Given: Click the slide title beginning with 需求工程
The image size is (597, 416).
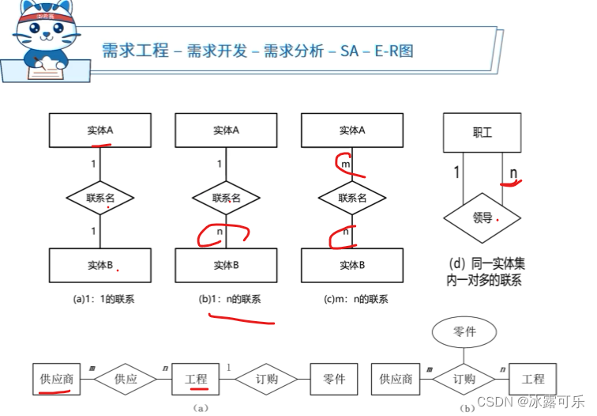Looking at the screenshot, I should tap(257, 51).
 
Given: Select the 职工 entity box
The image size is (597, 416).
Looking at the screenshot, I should tap(482, 132).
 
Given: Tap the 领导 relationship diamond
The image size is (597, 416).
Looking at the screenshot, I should tap(482, 217).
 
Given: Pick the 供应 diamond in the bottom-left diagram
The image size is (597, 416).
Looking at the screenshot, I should tap(125, 379).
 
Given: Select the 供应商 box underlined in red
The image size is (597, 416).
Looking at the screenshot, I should tap(57, 379).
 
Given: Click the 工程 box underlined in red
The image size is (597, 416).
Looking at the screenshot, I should tap(196, 379).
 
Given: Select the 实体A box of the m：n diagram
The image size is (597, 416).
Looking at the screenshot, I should tap(352, 130).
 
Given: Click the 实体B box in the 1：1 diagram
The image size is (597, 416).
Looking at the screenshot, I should tap(100, 265).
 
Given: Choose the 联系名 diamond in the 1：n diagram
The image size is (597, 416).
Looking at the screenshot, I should tap(226, 198).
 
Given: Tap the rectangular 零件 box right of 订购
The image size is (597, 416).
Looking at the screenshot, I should tap(335, 379).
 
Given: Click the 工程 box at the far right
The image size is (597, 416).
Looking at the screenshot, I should tap(533, 379).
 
